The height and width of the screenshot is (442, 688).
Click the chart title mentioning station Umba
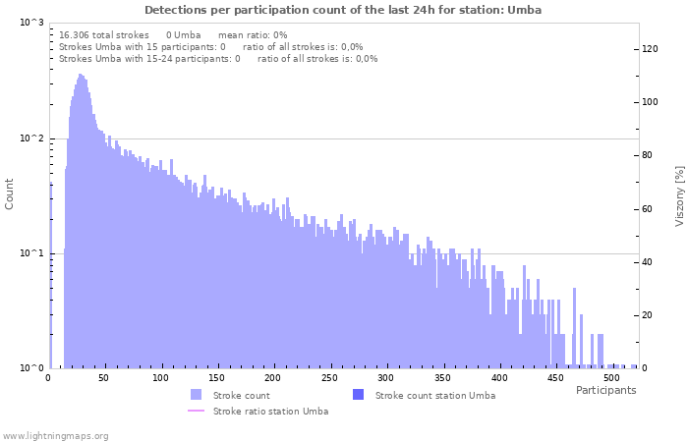click(343, 10)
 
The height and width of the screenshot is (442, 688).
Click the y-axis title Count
click(10, 193)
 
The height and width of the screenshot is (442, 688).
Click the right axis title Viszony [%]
click(678, 195)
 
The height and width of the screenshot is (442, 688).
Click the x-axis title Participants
click(605, 390)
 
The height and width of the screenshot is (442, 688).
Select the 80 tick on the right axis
click(650, 155)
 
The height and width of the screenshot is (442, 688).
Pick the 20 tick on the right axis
click(650, 315)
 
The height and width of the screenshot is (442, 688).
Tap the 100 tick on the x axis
click(161, 378)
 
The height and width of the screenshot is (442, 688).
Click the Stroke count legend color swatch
click(197, 395)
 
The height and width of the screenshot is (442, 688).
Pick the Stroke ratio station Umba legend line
click(197, 411)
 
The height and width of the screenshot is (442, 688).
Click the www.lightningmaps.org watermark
click(55, 435)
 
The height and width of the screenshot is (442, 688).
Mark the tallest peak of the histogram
click(81, 75)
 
